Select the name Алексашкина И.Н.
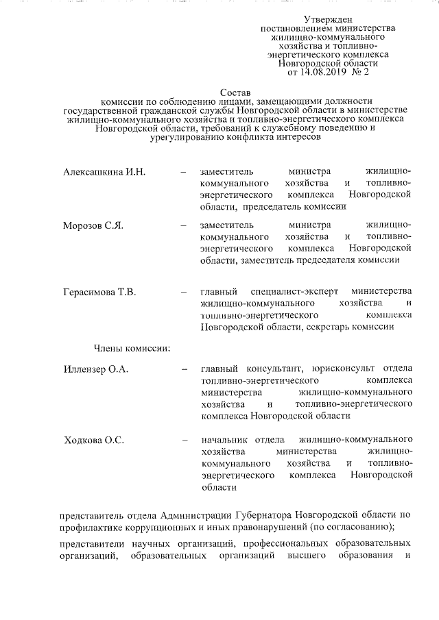pyautogui.click(x=104, y=171)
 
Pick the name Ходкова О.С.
pyautogui.click(x=94, y=440)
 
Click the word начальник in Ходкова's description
pyautogui.click(x=220, y=440)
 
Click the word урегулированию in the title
pyautogui.click(x=183, y=136)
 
